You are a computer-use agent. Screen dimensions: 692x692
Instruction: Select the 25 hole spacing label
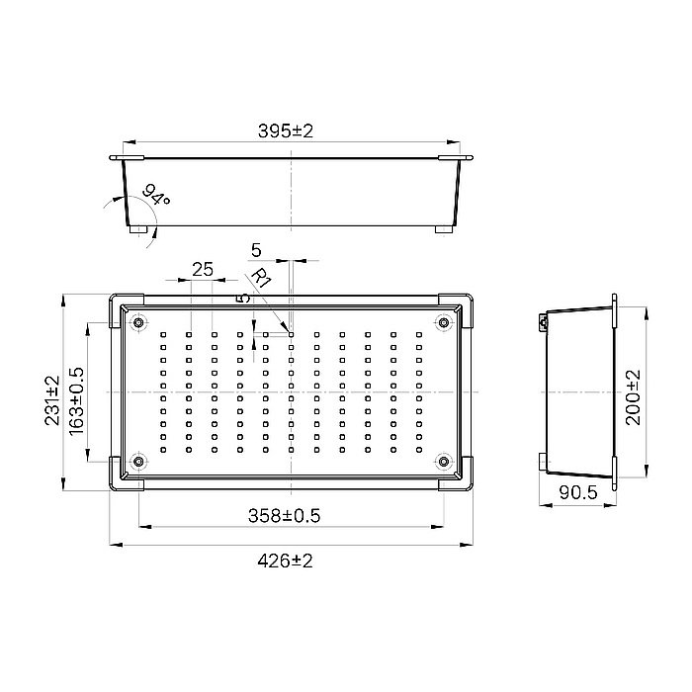[203, 269]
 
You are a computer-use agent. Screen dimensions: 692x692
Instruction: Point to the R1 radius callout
[262, 279]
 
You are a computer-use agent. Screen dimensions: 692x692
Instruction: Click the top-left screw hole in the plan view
[138, 321]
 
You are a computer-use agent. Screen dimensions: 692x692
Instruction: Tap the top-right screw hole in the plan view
[444, 321]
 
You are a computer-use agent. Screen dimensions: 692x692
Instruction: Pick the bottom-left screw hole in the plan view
[138, 461]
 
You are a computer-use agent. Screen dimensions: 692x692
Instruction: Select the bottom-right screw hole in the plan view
[444, 461]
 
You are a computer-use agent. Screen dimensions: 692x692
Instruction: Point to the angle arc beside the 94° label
[128, 208]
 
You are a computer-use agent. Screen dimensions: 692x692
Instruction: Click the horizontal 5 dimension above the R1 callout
[256, 248]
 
